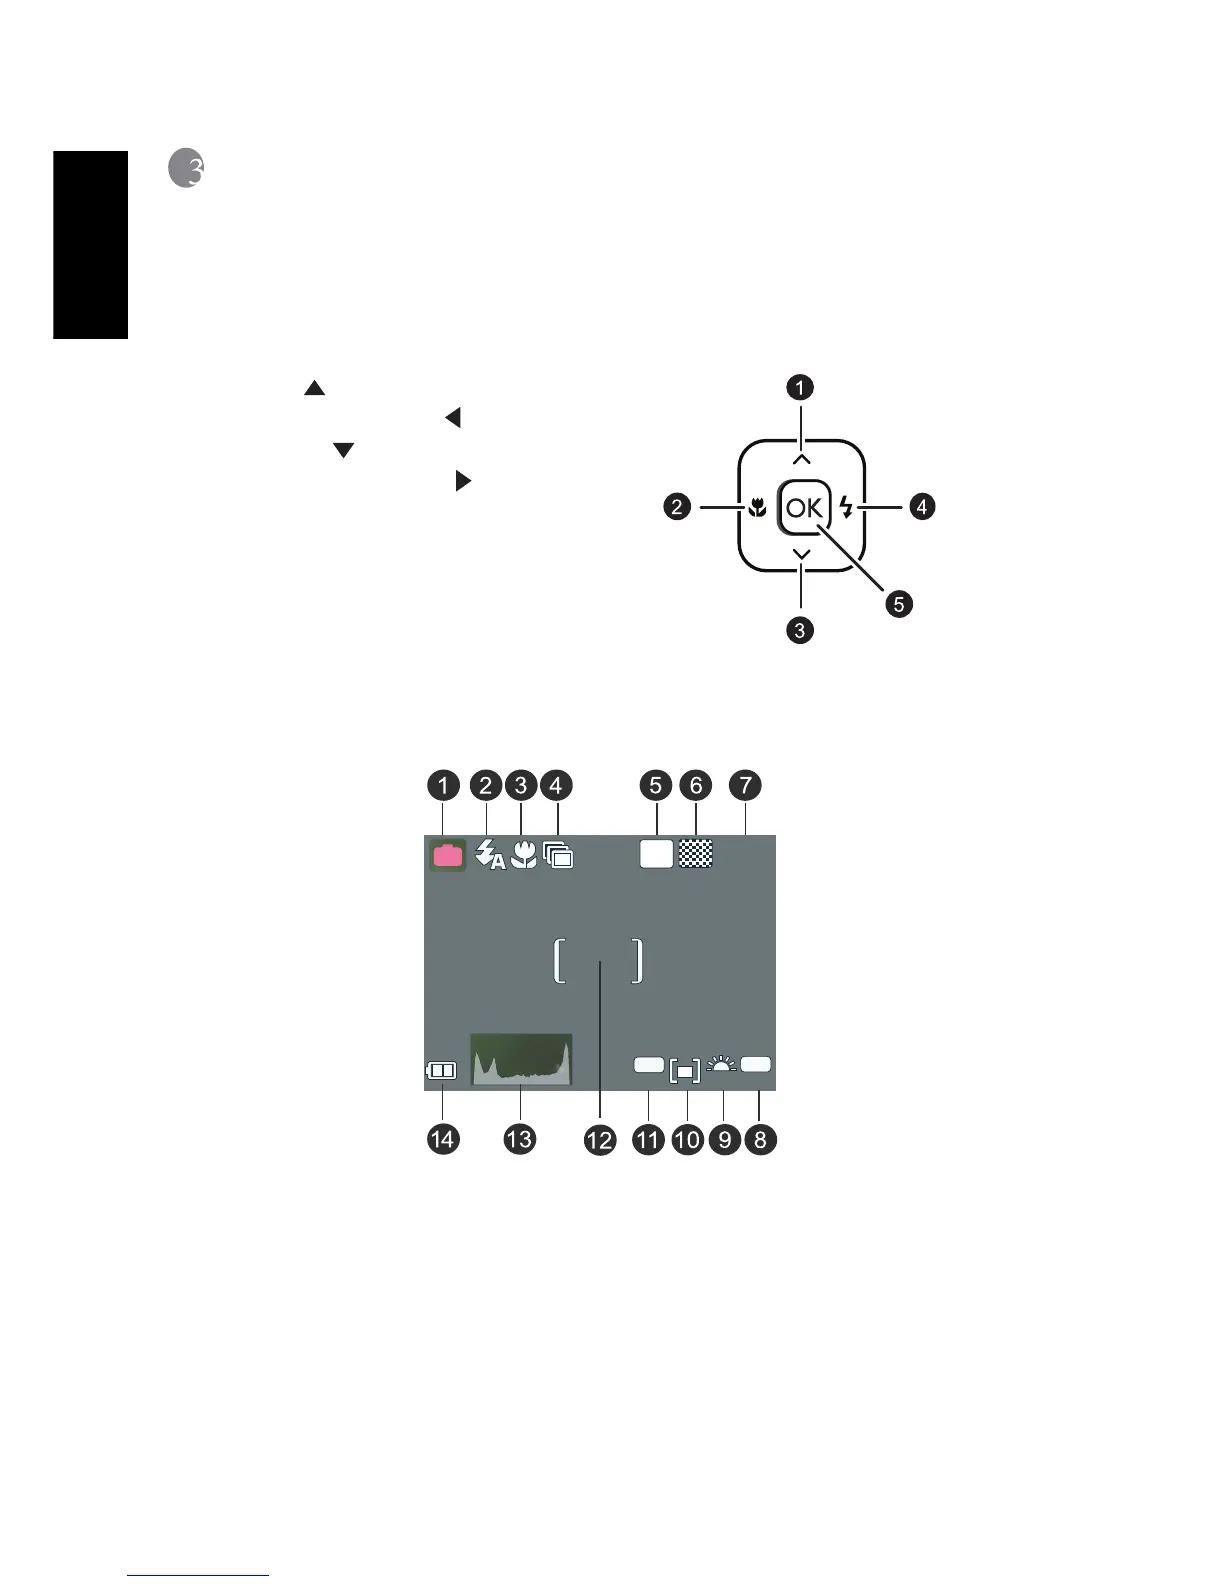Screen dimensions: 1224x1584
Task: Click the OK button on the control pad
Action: (803, 508)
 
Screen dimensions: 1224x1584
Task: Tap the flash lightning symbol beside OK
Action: (847, 508)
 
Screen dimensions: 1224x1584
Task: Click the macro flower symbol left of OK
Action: (757, 508)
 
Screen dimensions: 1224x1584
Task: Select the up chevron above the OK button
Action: (802, 460)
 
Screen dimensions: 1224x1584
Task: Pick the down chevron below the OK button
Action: (802, 555)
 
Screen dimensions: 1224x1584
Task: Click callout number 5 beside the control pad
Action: (898, 604)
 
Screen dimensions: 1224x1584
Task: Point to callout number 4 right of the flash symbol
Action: (921, 507)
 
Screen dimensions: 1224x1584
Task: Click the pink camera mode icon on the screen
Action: (448, 855)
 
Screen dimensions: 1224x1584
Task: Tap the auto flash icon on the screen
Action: (489, 855)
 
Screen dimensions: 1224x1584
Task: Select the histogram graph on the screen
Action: (521, 1059)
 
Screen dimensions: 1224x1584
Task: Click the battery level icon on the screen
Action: (441, 1071)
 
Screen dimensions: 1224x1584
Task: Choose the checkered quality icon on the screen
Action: (696, 853)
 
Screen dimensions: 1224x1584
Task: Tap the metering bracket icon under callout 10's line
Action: (685, 1071)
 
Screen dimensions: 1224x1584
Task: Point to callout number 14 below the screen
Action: (443, 1138)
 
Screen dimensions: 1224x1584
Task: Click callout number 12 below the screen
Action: (600, 1140)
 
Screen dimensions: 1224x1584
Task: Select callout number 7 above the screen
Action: (746, 785)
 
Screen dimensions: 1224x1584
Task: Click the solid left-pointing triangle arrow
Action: (453, 418)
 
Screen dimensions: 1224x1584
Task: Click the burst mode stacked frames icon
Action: (559, 855)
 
